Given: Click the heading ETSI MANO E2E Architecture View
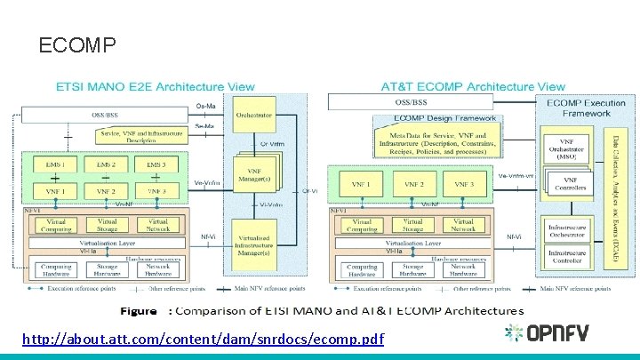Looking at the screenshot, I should [x=156, y=87].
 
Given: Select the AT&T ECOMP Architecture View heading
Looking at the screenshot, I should [x=472, y=87].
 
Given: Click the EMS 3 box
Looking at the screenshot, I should [x=156, y=165].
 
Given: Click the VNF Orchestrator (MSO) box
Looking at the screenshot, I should [x=565, y=150].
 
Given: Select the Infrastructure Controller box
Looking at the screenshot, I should [x=566, y=258].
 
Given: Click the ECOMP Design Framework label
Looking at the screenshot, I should [x=433, y=118].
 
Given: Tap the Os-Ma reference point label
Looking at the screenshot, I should [x=204, y=107].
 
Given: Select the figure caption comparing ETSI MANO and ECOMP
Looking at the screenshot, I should [x=322, y=311].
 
